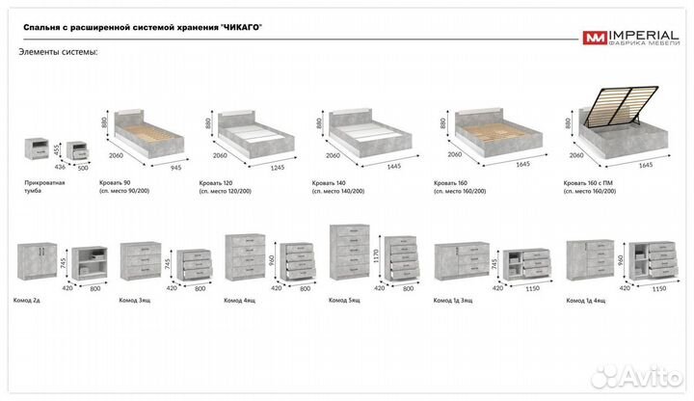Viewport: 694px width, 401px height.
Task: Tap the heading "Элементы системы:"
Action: pos(58,51)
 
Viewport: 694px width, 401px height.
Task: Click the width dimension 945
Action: pos(175,167)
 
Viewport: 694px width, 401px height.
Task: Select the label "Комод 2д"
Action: pos(35,300)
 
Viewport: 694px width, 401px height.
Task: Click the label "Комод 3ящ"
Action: pos(134,300)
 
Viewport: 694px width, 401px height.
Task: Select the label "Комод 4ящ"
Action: pos(240,300)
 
